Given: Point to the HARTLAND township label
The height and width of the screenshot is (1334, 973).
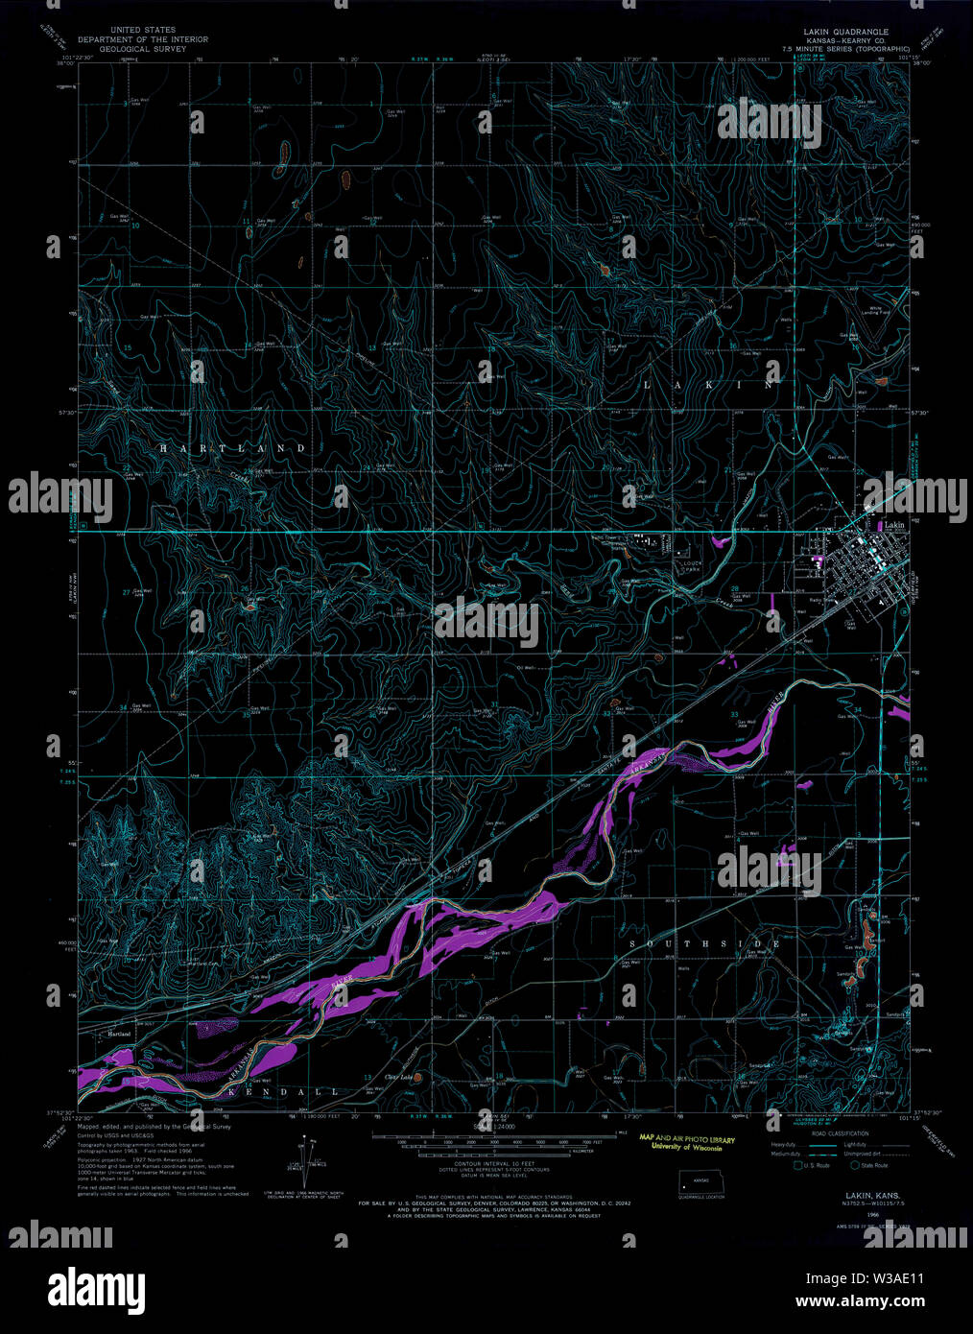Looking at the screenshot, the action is (232, 448).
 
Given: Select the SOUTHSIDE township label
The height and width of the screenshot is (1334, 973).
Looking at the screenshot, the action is (705, 944).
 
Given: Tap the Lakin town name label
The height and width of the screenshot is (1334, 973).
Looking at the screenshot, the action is (894, 526).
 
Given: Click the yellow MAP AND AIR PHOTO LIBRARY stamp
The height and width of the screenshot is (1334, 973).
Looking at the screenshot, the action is (687, 1142).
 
